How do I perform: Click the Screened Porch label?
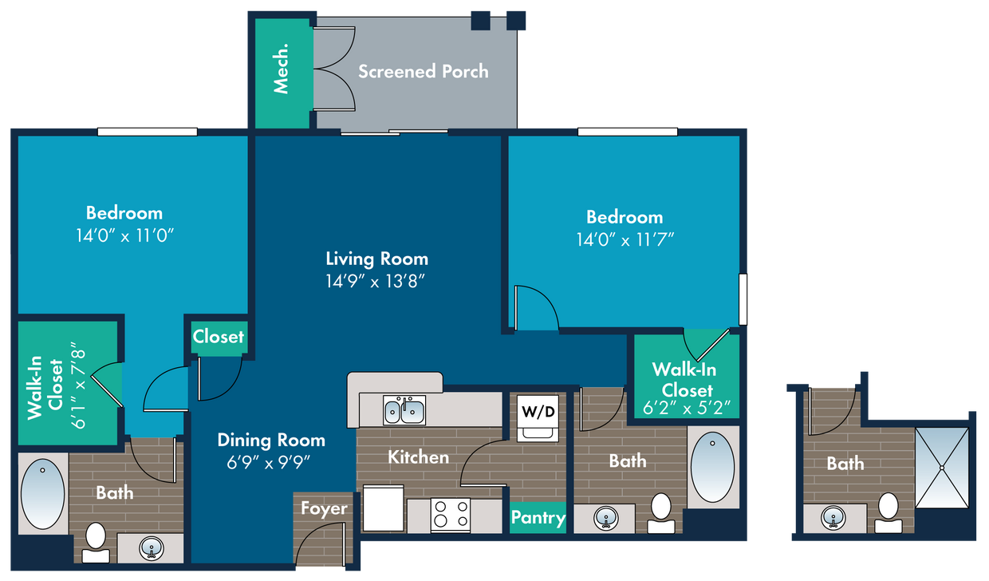tap(424, 72)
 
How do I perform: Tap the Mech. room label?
tap(282, 69)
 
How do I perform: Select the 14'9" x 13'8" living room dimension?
tap(376, 281)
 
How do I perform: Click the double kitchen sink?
tap(404, 410)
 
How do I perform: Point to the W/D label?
tap(538, 412)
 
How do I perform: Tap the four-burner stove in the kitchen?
tap(451, 515)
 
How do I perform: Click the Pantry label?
tap(538, 517)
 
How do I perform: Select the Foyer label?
tap(324, 508)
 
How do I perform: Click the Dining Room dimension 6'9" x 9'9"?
tap(269, 463)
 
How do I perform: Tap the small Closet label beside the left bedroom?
tap(218, 337)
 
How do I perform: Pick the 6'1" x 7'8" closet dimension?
tap(79, 385)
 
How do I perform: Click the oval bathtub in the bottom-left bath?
tap(43, 494)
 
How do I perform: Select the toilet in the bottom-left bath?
tap(96, 543)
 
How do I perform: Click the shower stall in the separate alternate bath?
tap(942, 468)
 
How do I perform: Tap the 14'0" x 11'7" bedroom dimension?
tap(625, 240)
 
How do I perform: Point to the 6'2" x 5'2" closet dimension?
tap(687, 408)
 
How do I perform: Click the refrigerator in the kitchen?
tap(383, 508)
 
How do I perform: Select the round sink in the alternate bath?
tap(833, 517)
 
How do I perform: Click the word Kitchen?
tap(419, 457)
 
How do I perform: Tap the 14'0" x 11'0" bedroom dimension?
tap(125, 236)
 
